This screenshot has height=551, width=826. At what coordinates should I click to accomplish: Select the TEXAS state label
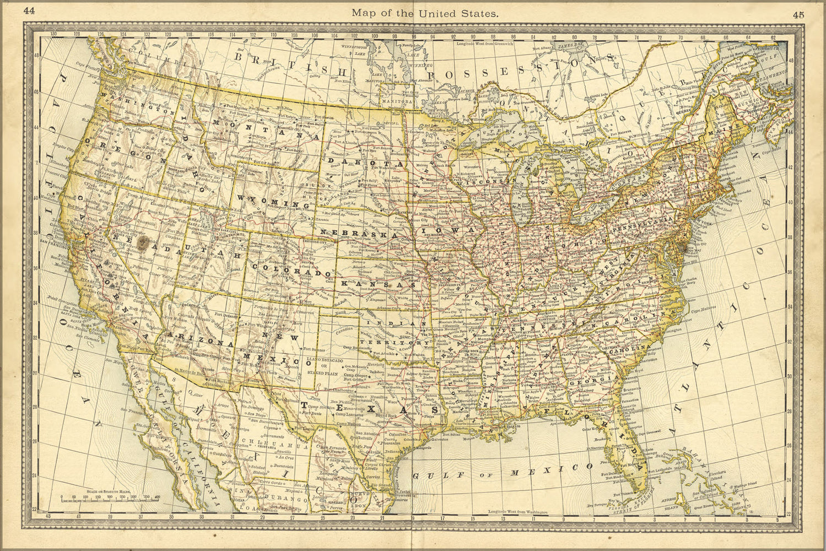tap(370, 408)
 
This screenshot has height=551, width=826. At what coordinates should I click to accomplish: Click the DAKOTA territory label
tap(361, 163)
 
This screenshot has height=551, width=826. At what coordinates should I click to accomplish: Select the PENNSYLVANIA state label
tap(641, 224)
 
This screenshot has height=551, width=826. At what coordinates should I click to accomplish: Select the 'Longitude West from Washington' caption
tap(518, 512)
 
